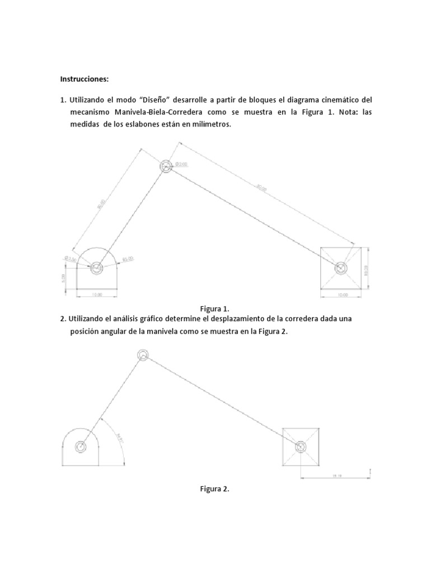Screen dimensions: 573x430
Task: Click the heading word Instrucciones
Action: pos(85,79)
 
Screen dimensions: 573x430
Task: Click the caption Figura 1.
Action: pos(215,308)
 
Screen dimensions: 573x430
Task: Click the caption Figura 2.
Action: pos(215,489)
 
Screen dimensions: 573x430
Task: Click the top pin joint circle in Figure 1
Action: pos(166,166)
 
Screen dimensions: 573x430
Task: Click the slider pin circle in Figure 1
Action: pos(340,268)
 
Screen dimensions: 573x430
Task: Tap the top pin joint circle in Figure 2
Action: pos(143,355)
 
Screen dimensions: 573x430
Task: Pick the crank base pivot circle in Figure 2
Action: pos(81,447)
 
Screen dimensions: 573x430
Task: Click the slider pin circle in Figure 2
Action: pos(301,446)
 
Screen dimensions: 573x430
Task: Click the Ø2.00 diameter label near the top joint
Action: pos(181,164)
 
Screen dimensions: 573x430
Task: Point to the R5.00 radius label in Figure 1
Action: pos(128,259)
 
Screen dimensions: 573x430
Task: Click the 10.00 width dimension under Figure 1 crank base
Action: pos(97,293)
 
